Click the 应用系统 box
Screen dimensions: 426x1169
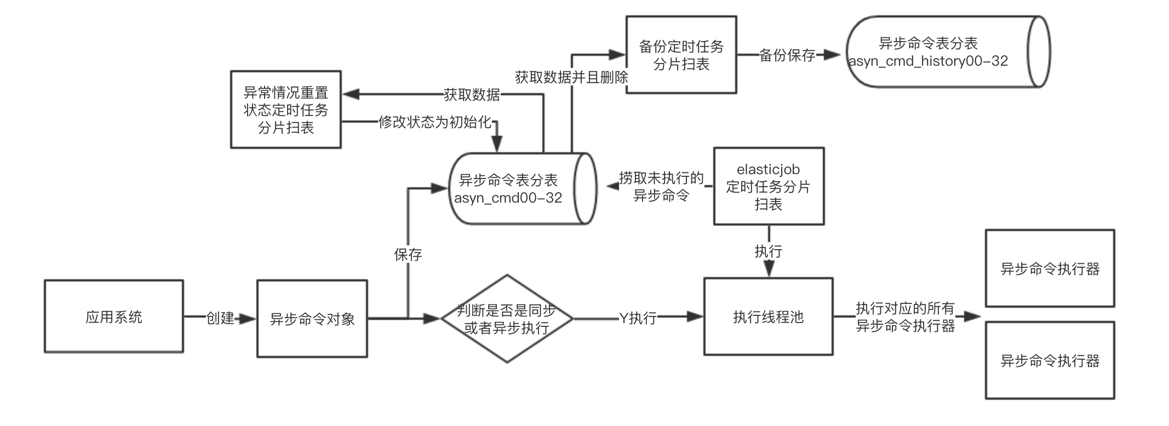(x=114, y=316)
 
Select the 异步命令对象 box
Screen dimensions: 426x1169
(x=312, y=319)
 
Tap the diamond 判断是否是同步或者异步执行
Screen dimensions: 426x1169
(x=507, y=319)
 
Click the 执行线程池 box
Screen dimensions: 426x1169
(x=768, y=316)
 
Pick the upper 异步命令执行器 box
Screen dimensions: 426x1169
(x=1050, y=268)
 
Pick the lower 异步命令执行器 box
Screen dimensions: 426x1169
(x=1050, y=360)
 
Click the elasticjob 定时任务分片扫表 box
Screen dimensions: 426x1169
(x=768, y=186)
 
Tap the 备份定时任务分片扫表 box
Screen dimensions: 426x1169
(x=681, y=55)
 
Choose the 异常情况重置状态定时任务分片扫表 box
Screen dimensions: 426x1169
(x=285, y=110)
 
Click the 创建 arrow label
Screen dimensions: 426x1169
(x=220, y=318)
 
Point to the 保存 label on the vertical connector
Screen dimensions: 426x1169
(x=408, y=255)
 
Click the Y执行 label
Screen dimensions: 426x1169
(x=638, y=318)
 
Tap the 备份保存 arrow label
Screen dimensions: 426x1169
(x=787, y=55)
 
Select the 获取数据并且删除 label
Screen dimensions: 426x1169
(x=571, y=77)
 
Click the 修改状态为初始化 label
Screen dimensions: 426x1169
(x=435, y=122)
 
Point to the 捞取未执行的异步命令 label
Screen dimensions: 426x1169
(x=661, y=187)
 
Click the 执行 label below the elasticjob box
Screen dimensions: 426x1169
(x=768, y=251)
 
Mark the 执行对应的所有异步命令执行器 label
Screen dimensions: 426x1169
(x=905, y=317)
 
